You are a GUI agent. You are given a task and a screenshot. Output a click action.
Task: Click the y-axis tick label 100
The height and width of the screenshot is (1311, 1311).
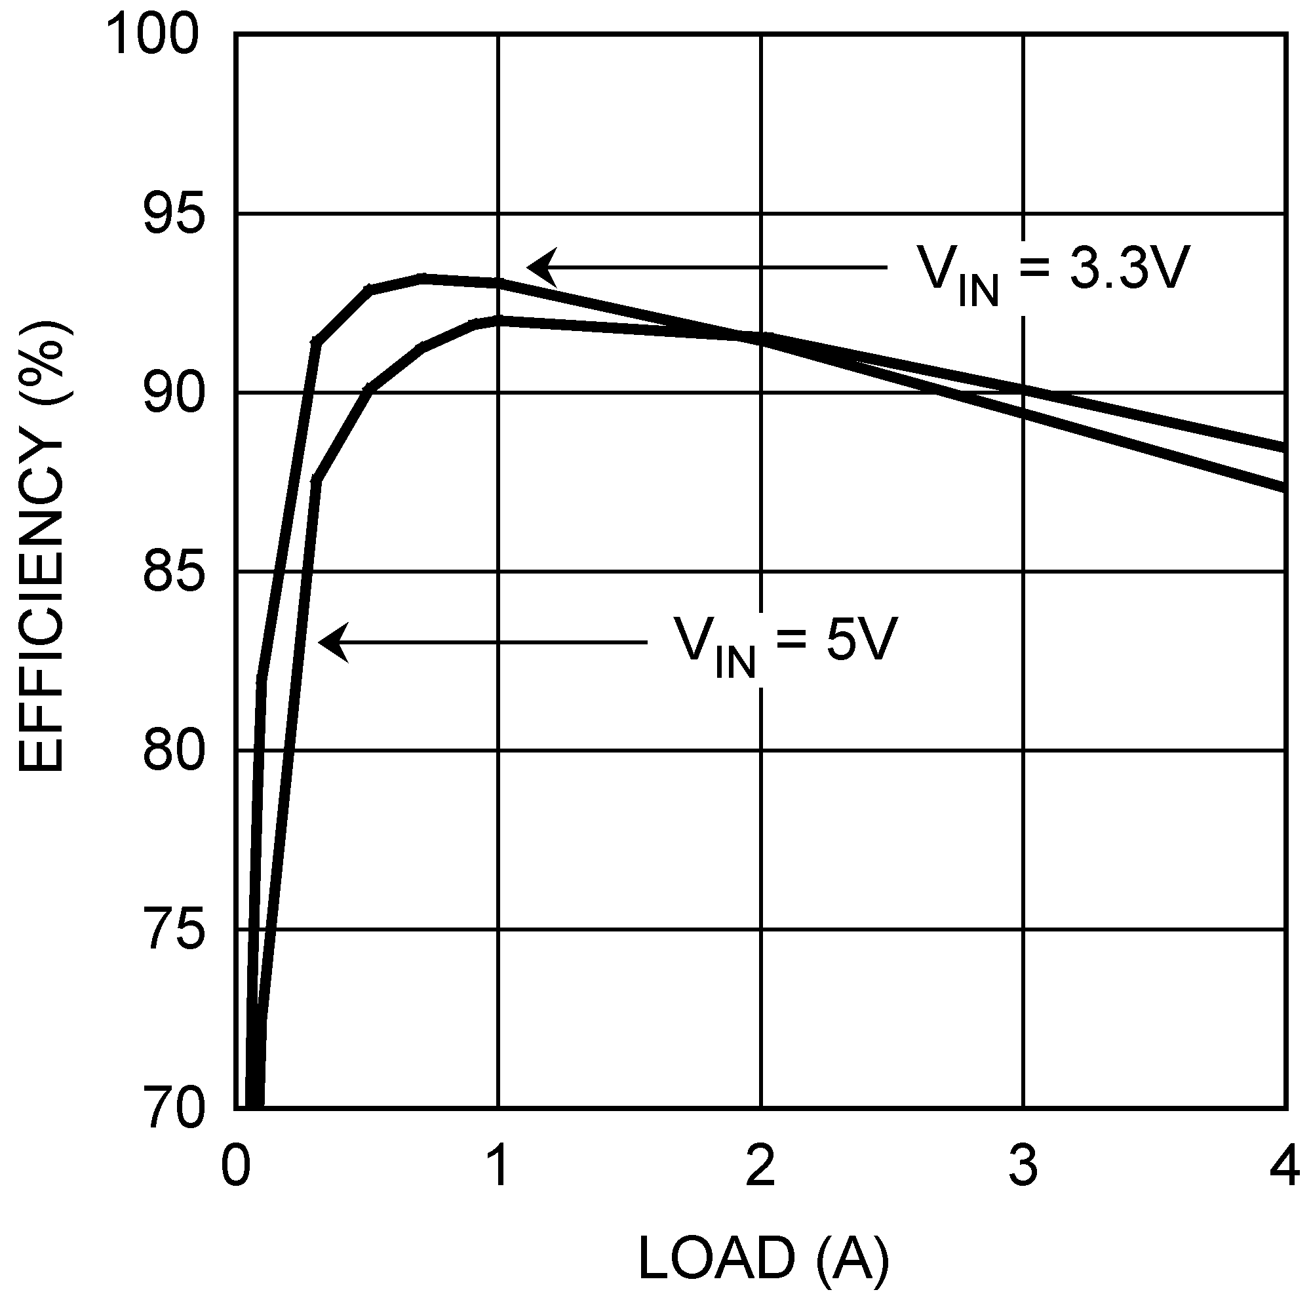click(155, 35)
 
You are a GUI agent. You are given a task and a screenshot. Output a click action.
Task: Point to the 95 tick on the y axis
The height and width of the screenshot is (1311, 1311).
click(174, 214)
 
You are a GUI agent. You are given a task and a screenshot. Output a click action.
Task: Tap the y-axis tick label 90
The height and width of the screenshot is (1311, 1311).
click(174, 393)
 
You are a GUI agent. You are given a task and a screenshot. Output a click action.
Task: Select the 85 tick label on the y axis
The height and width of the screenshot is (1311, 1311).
click(174, 573)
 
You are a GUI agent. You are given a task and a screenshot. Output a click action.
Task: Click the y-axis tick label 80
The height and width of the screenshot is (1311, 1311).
click(174, 751)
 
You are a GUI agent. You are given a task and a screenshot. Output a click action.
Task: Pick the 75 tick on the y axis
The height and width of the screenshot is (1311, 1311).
click(174, 930)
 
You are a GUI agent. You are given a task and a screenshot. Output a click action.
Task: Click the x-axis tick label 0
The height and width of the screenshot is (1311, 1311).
click(235, 1165)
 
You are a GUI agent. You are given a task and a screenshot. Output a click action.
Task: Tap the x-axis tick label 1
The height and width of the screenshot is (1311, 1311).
click(499, 1165)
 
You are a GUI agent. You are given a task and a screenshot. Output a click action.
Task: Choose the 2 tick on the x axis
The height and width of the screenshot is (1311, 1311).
click(760, 1165)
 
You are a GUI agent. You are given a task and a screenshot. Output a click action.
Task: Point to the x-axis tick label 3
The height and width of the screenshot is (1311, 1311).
click(1023, 1165)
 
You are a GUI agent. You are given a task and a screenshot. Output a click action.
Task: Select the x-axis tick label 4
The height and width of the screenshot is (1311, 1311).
click(1285, 1165)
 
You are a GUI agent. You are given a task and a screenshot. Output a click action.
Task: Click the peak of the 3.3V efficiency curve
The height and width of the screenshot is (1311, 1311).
click(422, 278)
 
